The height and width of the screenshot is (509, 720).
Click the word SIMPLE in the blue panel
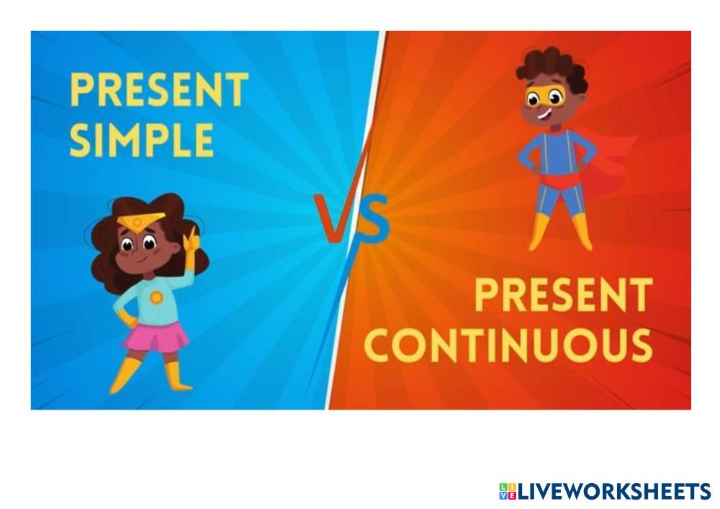141,140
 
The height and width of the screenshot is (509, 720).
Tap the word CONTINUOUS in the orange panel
508,345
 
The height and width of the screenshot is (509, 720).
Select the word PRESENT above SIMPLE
159,89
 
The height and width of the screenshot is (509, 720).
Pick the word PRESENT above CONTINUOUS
564,294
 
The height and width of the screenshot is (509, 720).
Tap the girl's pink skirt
156,338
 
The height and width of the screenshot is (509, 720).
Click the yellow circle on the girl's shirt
156,298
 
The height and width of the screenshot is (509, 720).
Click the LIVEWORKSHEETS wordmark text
614,492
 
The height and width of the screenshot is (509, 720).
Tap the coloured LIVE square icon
508,492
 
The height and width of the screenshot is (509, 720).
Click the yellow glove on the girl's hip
127,318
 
